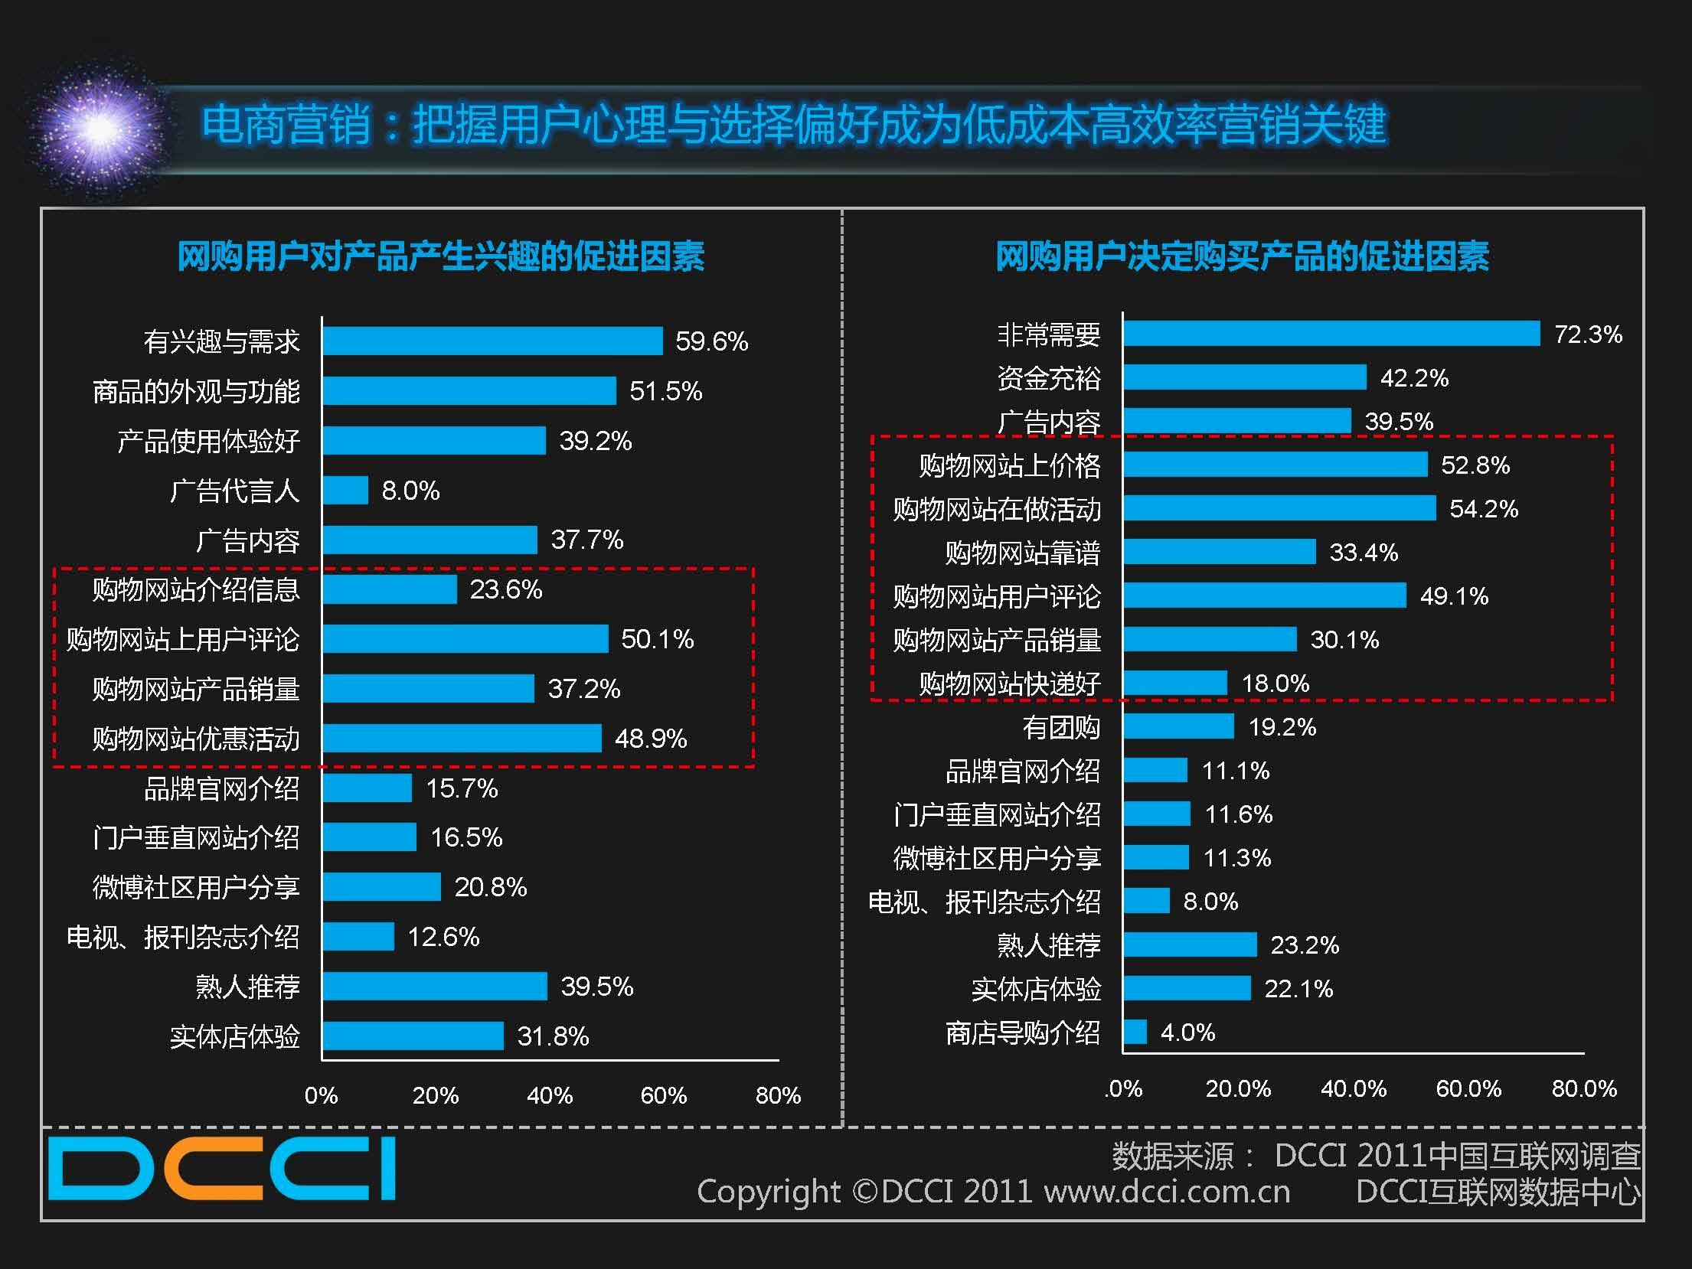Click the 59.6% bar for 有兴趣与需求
[492, 341]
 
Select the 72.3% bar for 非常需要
[1331, 334]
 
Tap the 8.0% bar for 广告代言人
[345, 491]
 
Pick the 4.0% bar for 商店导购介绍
[1135, 1032]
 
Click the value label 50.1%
[657, 639]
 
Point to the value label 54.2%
[1483, 509]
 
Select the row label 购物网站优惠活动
[196, 739]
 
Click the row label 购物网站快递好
[1010, 683]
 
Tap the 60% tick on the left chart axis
[663, 1095]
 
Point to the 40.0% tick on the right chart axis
[1354, 1088]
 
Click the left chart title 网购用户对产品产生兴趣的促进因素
[441, 256]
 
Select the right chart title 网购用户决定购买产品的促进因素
[1242, 256]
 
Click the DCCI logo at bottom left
[222, 1169]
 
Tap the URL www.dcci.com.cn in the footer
[1167, 1192]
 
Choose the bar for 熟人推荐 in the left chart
[435, 987]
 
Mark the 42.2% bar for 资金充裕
[1245, 377]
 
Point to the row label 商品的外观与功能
[196, 392]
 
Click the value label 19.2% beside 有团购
[1282, 727]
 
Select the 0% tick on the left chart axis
[321, 1095]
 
